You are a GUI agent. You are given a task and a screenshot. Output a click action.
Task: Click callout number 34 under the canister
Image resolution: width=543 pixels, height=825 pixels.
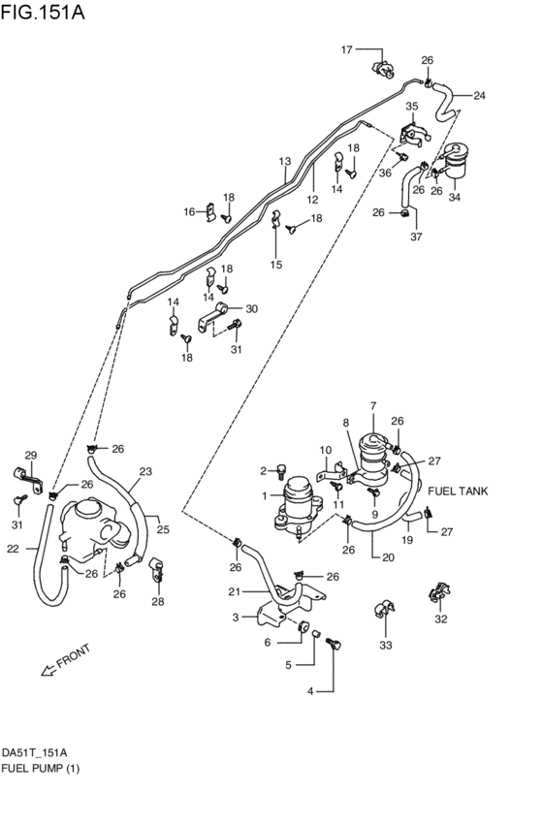[x=454, y=198]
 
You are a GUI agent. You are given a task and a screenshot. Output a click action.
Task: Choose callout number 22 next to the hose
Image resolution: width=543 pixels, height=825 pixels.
[x=13, y=549]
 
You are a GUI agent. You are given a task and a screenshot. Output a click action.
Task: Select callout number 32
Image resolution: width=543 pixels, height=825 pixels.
[x=441, y=619]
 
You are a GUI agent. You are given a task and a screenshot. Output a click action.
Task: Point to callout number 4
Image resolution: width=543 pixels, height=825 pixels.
[x=310, y=691]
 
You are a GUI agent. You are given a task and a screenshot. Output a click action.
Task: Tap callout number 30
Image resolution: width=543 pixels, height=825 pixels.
[x=251, y=309]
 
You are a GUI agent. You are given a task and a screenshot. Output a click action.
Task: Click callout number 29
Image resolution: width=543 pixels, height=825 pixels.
[x=30, y=456]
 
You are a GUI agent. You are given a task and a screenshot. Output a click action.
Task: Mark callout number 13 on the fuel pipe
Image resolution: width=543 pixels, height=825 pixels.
[x=285, y=161]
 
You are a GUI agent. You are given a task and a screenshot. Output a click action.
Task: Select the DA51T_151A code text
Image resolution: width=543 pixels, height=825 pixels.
[x=34, y=752]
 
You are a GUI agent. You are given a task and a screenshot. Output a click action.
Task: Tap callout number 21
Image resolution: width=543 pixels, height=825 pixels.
[x=233, y=593]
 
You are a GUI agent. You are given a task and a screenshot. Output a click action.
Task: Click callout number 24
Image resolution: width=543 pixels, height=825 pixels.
[x=479, y=95]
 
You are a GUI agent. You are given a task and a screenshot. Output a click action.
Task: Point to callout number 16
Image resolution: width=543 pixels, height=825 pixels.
[x=190, y=210]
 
